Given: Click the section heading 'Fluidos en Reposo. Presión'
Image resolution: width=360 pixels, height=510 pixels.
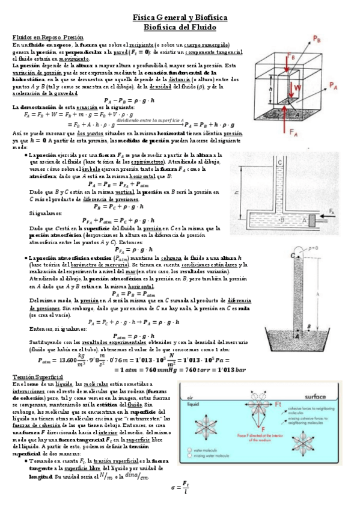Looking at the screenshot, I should tap(44, 37).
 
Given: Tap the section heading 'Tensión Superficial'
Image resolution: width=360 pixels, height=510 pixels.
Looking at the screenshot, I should tap(37, 376).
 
